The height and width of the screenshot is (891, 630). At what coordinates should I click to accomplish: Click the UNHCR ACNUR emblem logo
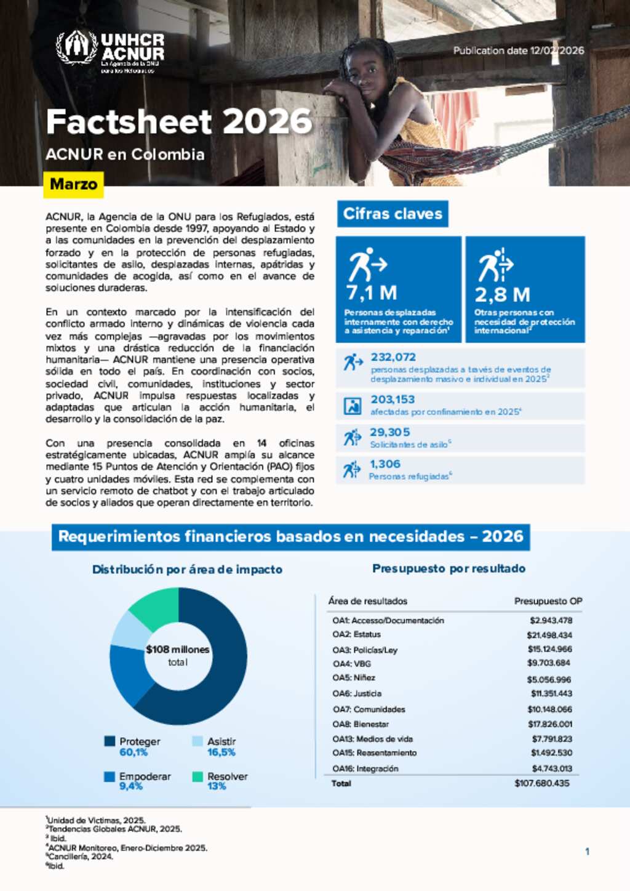coord(77,47)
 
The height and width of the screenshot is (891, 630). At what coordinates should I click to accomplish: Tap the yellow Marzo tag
coord(73,184)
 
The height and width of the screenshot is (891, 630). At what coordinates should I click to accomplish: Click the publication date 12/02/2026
coord(519,50)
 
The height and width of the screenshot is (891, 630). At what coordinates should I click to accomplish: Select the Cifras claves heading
coord(393,214)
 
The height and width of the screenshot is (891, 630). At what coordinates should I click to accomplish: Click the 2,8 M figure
coord(502,294)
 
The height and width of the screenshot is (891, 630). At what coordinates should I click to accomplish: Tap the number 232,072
coord(393,357)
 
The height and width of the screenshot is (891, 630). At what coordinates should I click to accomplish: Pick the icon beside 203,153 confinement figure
coord(353,406)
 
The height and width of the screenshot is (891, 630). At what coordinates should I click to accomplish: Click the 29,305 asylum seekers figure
coord(389,432)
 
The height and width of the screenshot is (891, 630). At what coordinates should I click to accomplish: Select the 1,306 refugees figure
coord(385,464)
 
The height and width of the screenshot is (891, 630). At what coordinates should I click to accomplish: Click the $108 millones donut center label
coord(178,650)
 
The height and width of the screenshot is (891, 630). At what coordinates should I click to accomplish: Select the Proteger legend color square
coord(110,741)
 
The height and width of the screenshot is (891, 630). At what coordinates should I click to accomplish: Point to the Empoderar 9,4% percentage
coord(131,786)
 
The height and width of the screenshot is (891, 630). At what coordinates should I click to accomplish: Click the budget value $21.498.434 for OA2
coord(549,635)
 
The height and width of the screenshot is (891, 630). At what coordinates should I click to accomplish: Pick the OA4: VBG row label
coord(352,664)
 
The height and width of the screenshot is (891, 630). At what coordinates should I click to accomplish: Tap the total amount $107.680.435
coord(542,783)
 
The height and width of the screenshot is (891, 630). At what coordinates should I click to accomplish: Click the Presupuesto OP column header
coord(548,601)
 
